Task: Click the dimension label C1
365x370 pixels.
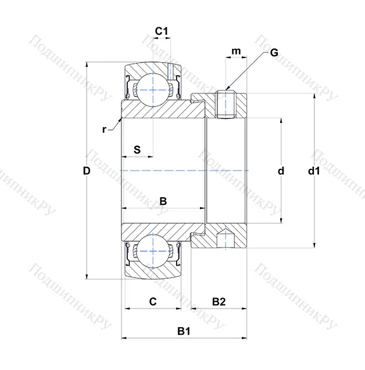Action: (x=162, y=31)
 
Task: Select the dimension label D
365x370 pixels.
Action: (x=87, y=171)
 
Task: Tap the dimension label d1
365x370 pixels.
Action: (x=314, y=171)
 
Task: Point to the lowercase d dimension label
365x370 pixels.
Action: (x=281, y=171)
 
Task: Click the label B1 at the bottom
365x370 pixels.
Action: (x=184, y=332)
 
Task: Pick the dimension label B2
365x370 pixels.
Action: (x=219, y=301)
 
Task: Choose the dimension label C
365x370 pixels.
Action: (x=152, y=301)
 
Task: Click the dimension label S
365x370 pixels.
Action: (x=137, y=149)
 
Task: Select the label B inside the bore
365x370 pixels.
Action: (x=163, y=201)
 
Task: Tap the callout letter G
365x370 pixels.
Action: (x=274, y=53)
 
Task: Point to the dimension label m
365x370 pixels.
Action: (x=236, y=52)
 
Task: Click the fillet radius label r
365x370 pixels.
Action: (x=104, y=129)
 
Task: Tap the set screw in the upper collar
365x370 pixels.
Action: (x=225, y=104)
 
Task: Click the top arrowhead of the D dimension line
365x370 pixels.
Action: (x=87, y=64)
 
